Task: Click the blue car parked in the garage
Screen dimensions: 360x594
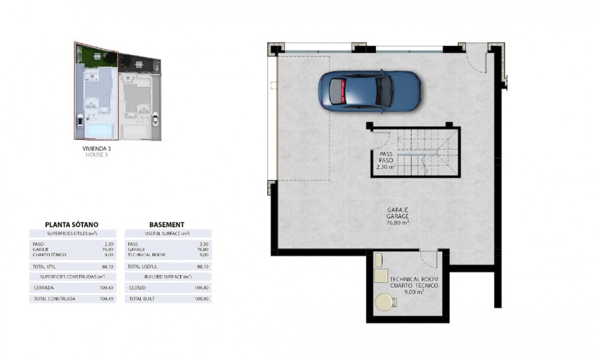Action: coord(369,90)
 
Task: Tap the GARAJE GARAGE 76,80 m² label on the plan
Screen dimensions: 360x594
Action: coord(397,216)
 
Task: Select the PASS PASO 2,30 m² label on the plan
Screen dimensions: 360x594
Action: coord(386,160)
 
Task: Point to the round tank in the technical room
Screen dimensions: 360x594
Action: coord(384,302)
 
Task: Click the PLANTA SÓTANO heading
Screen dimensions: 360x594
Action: coord(72,224)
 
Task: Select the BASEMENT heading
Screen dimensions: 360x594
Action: coord(166,224)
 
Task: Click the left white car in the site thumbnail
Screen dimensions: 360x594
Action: coord(80,121)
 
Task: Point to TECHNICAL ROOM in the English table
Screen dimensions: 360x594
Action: coord(146,255)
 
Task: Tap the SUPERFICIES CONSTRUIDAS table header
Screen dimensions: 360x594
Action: coord(72,277)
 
